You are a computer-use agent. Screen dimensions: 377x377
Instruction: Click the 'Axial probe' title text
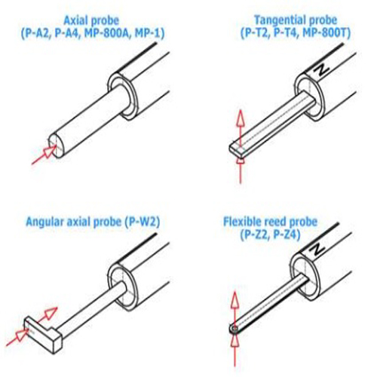(91, 20)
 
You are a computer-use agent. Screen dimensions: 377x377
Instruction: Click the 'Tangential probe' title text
(296, 20)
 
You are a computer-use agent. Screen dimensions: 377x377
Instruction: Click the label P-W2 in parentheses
(142, 222)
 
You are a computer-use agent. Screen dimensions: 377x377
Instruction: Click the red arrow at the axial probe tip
(44, 155)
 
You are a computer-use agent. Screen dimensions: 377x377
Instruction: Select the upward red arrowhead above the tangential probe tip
(241, 118)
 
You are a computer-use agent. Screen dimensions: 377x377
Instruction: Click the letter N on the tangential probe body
(321, 69)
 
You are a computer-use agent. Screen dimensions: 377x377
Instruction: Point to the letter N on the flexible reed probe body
(317, 250)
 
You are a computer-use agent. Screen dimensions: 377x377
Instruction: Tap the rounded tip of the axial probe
(57, 146)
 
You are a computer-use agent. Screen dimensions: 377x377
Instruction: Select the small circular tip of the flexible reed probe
(234, 329)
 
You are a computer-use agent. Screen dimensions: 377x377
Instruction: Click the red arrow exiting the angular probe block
(48, 314)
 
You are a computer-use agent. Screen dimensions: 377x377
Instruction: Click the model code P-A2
(36, 33)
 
